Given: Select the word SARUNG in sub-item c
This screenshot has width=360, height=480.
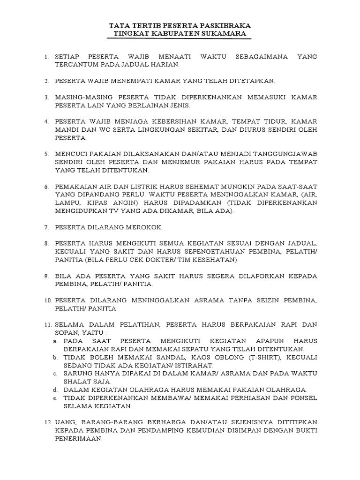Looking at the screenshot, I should coord(78,374).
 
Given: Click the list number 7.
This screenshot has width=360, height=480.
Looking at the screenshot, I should coord(46,227).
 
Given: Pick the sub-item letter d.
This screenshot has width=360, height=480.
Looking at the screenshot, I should coord(55,390).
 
